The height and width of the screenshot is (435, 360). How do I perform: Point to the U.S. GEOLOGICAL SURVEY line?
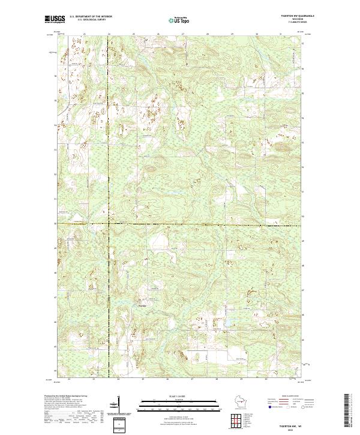(91, 21)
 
